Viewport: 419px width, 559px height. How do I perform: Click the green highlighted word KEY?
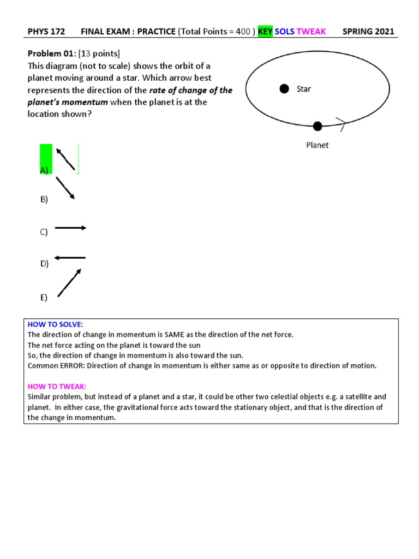[265, 31]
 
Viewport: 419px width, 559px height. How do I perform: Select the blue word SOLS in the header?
[284, 31]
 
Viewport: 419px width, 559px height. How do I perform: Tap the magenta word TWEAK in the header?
[311, 31]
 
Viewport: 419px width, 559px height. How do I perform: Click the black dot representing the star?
[284, 89]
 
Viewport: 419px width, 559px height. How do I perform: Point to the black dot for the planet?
[318, 126]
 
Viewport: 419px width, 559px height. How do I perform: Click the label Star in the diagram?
[304, 89]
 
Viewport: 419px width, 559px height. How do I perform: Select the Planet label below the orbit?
[317, 145]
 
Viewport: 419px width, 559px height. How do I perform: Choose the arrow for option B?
[65, 188]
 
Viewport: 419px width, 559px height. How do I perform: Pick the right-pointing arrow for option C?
[70, 228]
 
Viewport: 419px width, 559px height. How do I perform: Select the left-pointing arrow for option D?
[70, 257]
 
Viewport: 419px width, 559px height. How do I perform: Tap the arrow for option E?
[69, 283]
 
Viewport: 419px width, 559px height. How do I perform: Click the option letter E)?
[44, 298]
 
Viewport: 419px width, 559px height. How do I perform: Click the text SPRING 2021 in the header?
[368, 31]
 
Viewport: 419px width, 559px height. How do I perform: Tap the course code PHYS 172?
[46, 31]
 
